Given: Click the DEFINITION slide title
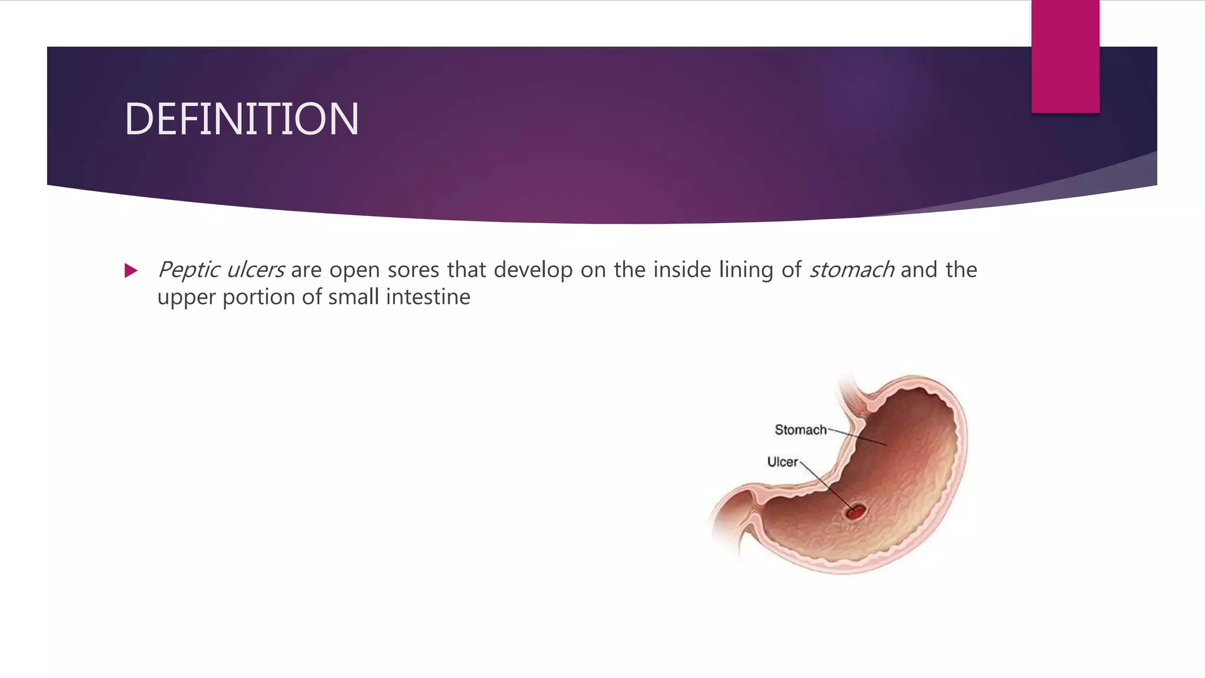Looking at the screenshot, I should click(241, 119).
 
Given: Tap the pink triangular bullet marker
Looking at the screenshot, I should click(131, 271).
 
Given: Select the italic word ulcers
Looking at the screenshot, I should click(255, 270).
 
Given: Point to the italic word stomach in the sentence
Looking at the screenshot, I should click(851, 270).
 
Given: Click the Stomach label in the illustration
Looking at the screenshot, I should click(800, 430).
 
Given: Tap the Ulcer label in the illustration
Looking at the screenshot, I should click(782, 462).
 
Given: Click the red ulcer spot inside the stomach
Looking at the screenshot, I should click(856, 512).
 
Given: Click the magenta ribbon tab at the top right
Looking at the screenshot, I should click(1065, 56).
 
